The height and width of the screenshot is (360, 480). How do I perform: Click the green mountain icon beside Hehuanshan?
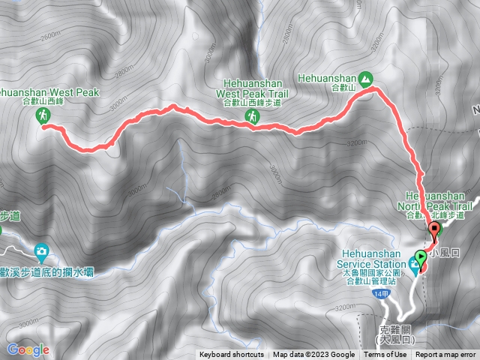364,77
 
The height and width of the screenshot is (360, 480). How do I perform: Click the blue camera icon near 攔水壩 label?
42,250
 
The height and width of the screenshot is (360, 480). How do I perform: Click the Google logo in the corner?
28,349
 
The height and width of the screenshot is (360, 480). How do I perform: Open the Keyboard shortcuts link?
232,355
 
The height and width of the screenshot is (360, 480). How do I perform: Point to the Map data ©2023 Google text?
314,355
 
